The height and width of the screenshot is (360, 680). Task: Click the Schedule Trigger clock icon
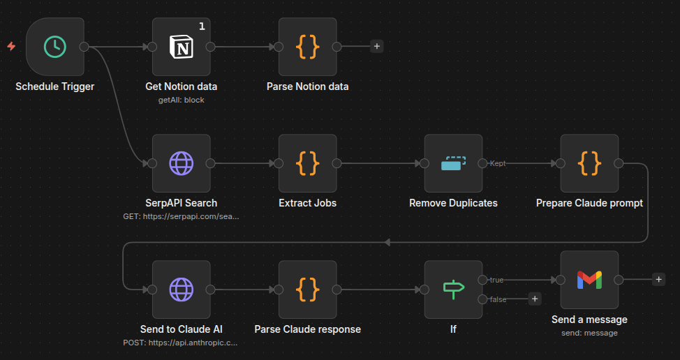[54, 47]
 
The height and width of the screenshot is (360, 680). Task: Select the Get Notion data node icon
[182, 47]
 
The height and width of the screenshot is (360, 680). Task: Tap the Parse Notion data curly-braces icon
[307, 47]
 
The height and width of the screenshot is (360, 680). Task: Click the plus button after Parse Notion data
[377, 47]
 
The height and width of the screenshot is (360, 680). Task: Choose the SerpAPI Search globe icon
[182, 163]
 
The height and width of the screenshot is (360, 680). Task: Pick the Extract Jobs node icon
[307, 163]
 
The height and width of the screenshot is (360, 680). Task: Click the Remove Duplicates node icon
[453, 163]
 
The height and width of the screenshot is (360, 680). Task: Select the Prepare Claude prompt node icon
[589, 163]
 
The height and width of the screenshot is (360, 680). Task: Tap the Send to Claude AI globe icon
[182, 289]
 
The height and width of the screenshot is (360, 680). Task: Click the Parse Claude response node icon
[307, 289]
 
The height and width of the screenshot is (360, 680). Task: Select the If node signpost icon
[453, 289]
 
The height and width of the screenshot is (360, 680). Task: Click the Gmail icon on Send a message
[589, 280]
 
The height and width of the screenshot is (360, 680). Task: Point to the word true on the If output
[496, 280]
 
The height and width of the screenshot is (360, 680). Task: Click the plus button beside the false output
[535, 299]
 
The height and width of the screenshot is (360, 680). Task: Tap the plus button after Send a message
[658, 279]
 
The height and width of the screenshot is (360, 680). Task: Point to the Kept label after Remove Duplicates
[498, 163]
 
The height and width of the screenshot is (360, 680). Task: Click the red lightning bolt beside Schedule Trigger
[11, 47]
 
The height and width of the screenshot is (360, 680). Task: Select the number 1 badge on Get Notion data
[202, 27]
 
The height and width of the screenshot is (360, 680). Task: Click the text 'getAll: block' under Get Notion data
[182, 100]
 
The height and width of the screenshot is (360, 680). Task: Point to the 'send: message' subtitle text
[589, 333]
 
